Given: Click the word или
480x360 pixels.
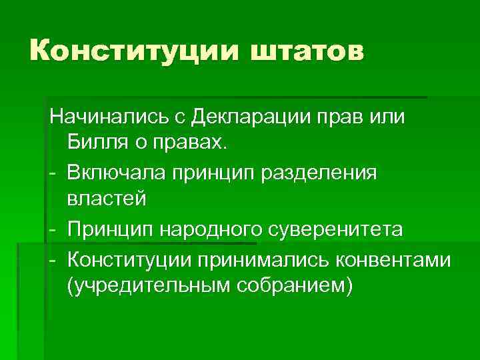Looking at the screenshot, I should [388, 118].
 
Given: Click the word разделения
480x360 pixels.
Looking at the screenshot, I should [322, 173].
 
